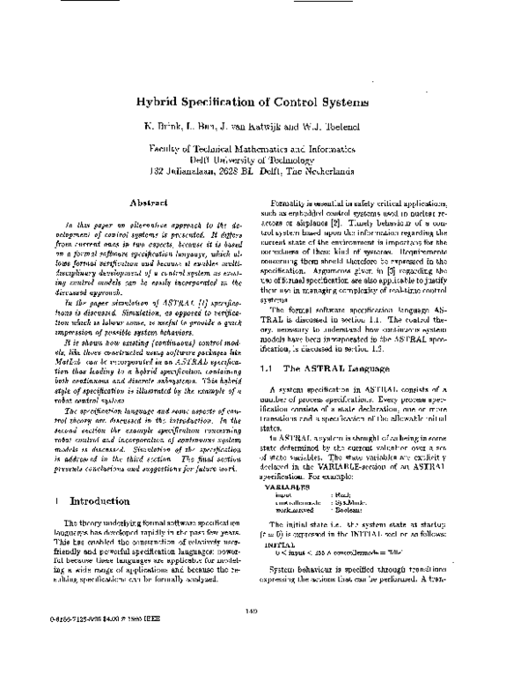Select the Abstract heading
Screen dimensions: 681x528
[147, 203]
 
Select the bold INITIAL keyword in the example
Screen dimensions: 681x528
[287, 521]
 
